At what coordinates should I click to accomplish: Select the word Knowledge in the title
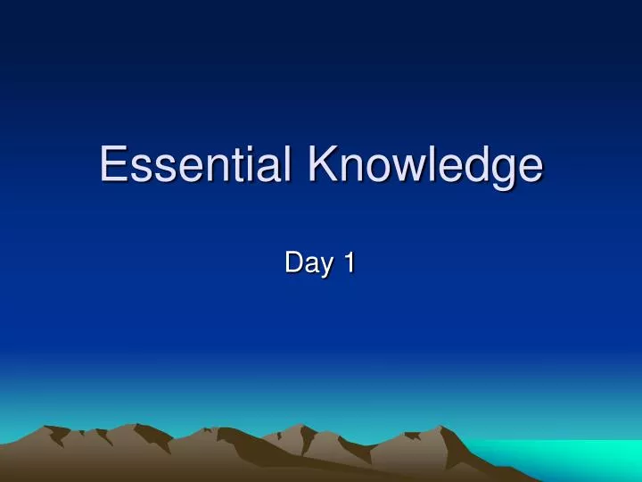pyautogui.click(x=425, y=166)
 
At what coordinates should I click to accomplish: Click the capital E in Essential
pyautogui.click(x=113, y=164)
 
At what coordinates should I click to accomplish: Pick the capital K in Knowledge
pyautogui.click(x=324, y=164)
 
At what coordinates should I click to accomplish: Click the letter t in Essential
pyautogui.click(x=236, y=166)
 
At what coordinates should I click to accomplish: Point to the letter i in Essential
pyautogui.click(x=250, y=164)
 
